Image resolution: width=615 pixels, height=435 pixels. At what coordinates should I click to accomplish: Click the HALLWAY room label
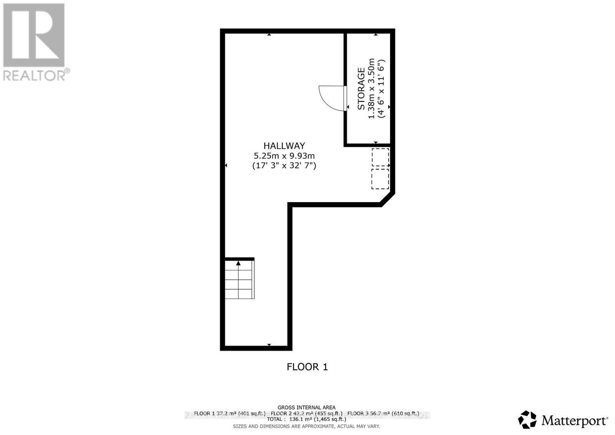point(284,146)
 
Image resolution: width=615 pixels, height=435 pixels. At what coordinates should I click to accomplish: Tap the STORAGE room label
point(361,89)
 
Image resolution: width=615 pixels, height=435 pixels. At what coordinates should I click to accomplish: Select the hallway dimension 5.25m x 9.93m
point(284,156)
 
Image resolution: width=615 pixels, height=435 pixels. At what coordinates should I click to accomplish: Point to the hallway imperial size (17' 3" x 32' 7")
point(284,166)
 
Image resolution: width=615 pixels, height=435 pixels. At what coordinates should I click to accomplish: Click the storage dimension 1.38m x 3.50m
point(371,89)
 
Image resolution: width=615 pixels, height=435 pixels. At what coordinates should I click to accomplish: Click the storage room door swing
point(331,98)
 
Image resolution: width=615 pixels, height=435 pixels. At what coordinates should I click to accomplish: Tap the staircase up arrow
point(238,264)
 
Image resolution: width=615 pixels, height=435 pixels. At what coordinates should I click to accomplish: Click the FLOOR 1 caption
point(307,367)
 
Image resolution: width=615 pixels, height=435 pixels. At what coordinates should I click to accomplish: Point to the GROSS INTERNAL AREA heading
point(306,407)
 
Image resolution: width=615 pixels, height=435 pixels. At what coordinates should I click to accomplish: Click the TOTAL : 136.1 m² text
point(306,420)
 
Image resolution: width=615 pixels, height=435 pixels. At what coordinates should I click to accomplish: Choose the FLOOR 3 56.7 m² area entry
point(383,413)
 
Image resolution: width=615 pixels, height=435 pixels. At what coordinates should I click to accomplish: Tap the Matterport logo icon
point(527,420)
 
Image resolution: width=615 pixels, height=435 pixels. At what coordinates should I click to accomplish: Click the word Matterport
point(574,421)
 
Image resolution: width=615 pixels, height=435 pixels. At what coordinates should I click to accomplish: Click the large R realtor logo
point(34,35)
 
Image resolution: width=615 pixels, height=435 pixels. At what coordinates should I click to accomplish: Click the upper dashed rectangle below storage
point(380,158)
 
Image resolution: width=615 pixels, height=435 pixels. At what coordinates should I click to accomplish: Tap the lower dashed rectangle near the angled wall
point(380,179)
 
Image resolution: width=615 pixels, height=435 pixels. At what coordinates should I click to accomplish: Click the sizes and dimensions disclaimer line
point(306,426)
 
